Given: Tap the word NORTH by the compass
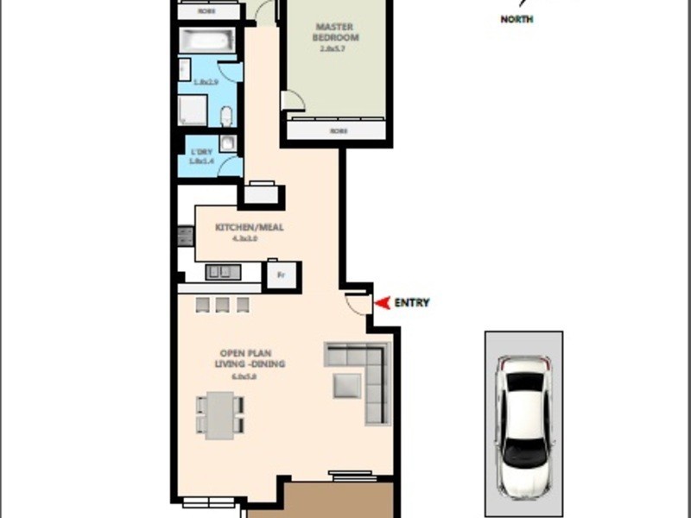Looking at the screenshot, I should tap(517, 19).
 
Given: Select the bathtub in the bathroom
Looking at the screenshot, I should tap(206, 41).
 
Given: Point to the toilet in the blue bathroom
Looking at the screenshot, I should tap(225, 116).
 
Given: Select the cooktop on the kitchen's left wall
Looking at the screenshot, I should tap(184, 235).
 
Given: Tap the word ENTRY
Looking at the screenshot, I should tap(411, 303).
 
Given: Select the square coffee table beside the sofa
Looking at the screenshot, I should tap(347, 385).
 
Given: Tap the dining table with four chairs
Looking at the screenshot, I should tap(220, 414).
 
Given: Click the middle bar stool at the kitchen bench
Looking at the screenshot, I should tap(222, 304).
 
